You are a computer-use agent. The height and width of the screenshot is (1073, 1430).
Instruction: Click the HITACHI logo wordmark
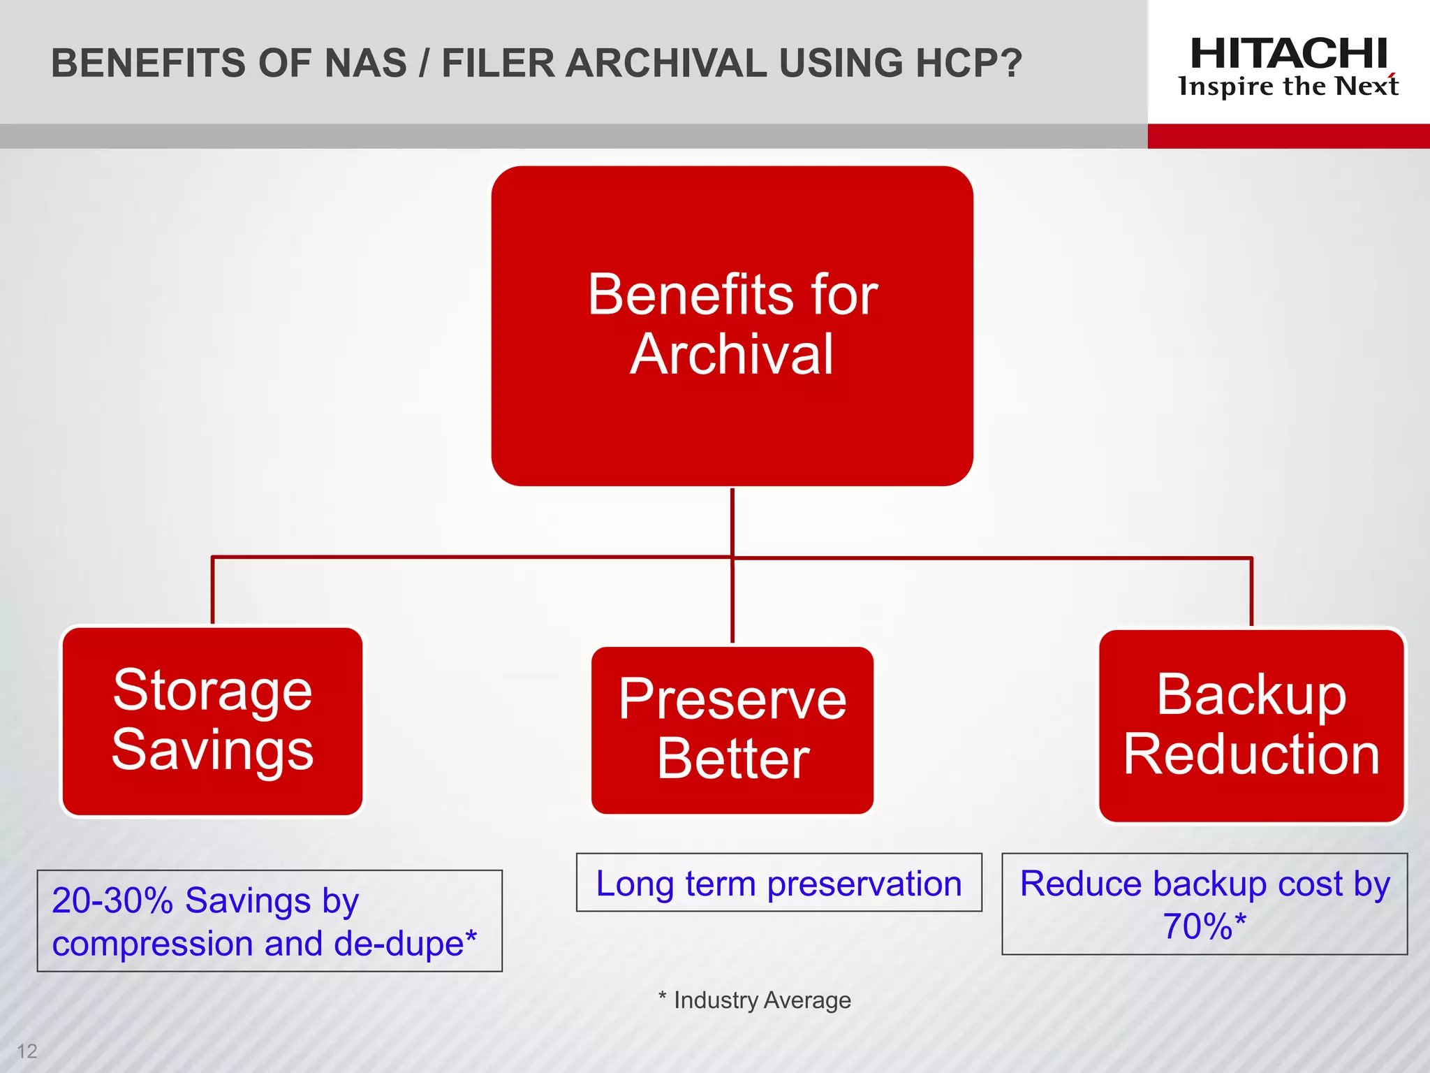pos(1288,54)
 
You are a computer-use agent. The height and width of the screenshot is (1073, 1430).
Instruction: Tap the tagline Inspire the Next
pos(1288,87)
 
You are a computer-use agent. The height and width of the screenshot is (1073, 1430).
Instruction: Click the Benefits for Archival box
pos(732,326)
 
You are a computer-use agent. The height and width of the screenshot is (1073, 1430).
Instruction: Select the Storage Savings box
pos(212,720)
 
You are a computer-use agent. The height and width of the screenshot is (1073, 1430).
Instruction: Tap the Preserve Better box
pos(732,729)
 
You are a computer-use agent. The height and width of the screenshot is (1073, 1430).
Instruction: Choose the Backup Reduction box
pos(1251,725)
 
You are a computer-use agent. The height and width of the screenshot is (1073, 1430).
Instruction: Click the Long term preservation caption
pos(779,883)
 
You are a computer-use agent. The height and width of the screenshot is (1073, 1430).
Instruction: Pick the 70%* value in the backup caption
pos(1204,927)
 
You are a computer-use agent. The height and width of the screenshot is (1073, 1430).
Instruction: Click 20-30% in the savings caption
pos(112,900)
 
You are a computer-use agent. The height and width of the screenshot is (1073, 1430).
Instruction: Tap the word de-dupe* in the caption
pos(406,944)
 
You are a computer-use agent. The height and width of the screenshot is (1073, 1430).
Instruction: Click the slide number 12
pos(27,1051)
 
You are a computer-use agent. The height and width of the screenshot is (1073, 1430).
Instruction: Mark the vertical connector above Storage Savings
pos(212,591)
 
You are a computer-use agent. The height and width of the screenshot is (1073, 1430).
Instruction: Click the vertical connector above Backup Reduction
pos(1251,592)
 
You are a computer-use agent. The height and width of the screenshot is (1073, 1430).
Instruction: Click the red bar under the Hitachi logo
pos(1288,136)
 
